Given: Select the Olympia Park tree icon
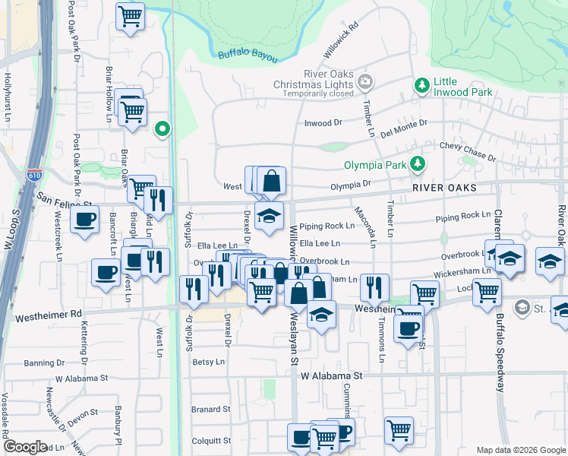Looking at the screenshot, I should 417,163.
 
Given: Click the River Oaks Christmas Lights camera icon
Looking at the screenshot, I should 365,81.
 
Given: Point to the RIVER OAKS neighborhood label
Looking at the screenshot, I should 445,188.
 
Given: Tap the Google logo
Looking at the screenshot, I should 25,447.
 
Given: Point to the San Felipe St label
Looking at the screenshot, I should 64,200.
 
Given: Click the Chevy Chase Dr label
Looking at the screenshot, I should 467,150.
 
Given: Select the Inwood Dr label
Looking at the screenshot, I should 323,122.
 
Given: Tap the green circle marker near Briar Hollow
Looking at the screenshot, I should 161,128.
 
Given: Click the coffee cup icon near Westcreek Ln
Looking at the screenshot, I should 84,220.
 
